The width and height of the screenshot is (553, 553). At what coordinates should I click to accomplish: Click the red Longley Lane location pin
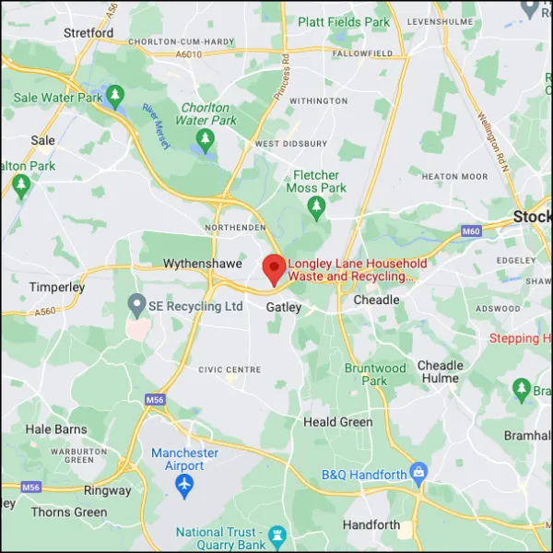[x=274, y=268]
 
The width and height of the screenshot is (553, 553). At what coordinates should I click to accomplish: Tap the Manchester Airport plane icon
[x=185, y=484]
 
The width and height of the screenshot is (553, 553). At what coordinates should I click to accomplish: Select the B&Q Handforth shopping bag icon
[x=419, y=475]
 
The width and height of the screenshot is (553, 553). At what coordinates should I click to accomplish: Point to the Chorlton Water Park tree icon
[x=206, y=140]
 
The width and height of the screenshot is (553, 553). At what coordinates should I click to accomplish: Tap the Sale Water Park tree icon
[x=115, y=95]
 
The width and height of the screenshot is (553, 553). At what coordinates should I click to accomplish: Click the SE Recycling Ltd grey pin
[x=136, y=304]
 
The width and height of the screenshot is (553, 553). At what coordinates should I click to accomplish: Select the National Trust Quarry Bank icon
[x=276, y=535]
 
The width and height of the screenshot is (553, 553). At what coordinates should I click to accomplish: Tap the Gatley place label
[x=283, y=307]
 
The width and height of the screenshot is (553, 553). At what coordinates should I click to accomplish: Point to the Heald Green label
[x=338, y=422]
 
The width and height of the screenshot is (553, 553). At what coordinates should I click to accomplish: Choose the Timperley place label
[x=56, y=287]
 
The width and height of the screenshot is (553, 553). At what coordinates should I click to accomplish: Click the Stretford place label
[x=88, y=32]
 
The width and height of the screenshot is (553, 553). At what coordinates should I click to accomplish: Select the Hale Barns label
[x=56, y=429]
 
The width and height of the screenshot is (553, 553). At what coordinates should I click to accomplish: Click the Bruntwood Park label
[x=375, y=374]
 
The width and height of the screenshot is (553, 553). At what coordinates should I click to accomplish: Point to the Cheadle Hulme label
[x=441, y=371]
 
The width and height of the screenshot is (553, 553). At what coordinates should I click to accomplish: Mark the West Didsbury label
[x=290, y=144]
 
